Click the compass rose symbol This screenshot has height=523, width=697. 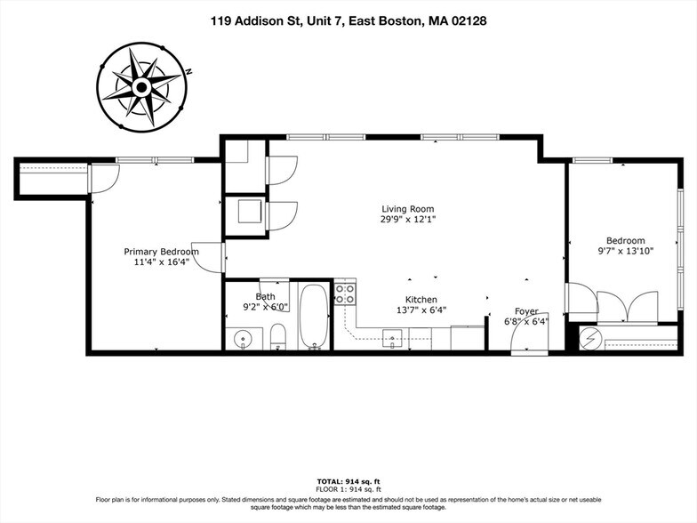(x=140, y=86)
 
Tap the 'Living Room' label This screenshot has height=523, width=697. (x=408, y=208)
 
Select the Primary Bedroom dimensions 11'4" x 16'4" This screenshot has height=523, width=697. (x=161, y=263)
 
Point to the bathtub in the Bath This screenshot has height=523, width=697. (x=314, y=316)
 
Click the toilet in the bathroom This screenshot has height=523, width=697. (x=277, y=336)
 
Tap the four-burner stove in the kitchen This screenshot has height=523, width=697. (x=345, y=293)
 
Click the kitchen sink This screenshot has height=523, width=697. (x=393, y=336)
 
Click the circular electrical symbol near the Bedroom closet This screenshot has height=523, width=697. (x=590, y=338)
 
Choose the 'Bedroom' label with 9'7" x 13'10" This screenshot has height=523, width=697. (x=625, y=240)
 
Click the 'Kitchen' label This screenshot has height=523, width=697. (x=421, y=300)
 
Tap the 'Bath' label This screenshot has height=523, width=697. (x=265, y=296)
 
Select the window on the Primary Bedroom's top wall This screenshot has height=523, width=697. (x=154, y=160)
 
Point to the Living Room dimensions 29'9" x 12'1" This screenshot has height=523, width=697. (x=408, y=219)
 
